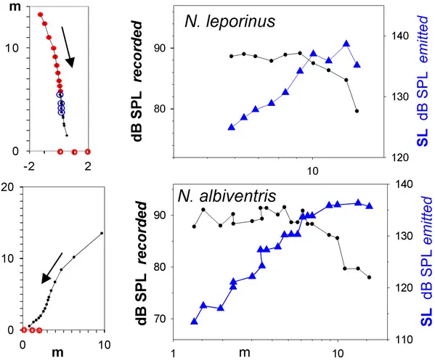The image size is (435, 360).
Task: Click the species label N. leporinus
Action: pos(229,21)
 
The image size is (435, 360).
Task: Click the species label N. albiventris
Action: pos(227,196)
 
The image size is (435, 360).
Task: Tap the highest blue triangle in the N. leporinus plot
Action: pos(346,44)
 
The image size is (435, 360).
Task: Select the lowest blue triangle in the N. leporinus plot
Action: pos(232,127)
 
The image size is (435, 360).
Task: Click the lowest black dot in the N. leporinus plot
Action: pos(357,111)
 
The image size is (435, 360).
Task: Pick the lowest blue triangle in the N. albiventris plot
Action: pos(194,322)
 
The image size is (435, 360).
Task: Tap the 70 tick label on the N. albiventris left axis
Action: pos(160,319)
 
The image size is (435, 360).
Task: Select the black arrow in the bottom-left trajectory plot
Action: pos(52,268)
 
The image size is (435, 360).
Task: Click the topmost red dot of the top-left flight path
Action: pos(40,15)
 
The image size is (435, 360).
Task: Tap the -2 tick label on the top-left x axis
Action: pos(29,166)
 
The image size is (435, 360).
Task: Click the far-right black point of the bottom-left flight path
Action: pos(102,233)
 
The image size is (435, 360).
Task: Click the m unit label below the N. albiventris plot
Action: pos(245,353)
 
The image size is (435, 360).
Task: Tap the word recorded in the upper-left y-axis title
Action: pos(138,52)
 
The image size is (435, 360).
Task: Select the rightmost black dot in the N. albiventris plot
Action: pos(369,277)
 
